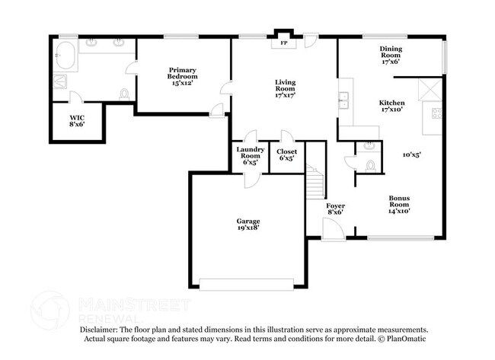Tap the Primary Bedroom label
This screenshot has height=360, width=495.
coord(183,75)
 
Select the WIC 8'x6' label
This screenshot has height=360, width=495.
coord(77,121)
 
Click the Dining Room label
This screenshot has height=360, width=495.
coord(391,55)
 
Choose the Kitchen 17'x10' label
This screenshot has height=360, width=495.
coord(391,106)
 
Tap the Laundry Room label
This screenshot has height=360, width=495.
coord(249,155)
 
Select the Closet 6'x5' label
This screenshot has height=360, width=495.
coord(286,155)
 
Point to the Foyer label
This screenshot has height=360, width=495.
coord(336,210)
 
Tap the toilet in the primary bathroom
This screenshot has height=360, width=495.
coord(124,94)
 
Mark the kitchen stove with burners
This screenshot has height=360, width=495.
coord(437,113)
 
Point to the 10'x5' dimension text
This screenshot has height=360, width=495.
coord(411,155)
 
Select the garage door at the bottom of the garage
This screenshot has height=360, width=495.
coord(245,285)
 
